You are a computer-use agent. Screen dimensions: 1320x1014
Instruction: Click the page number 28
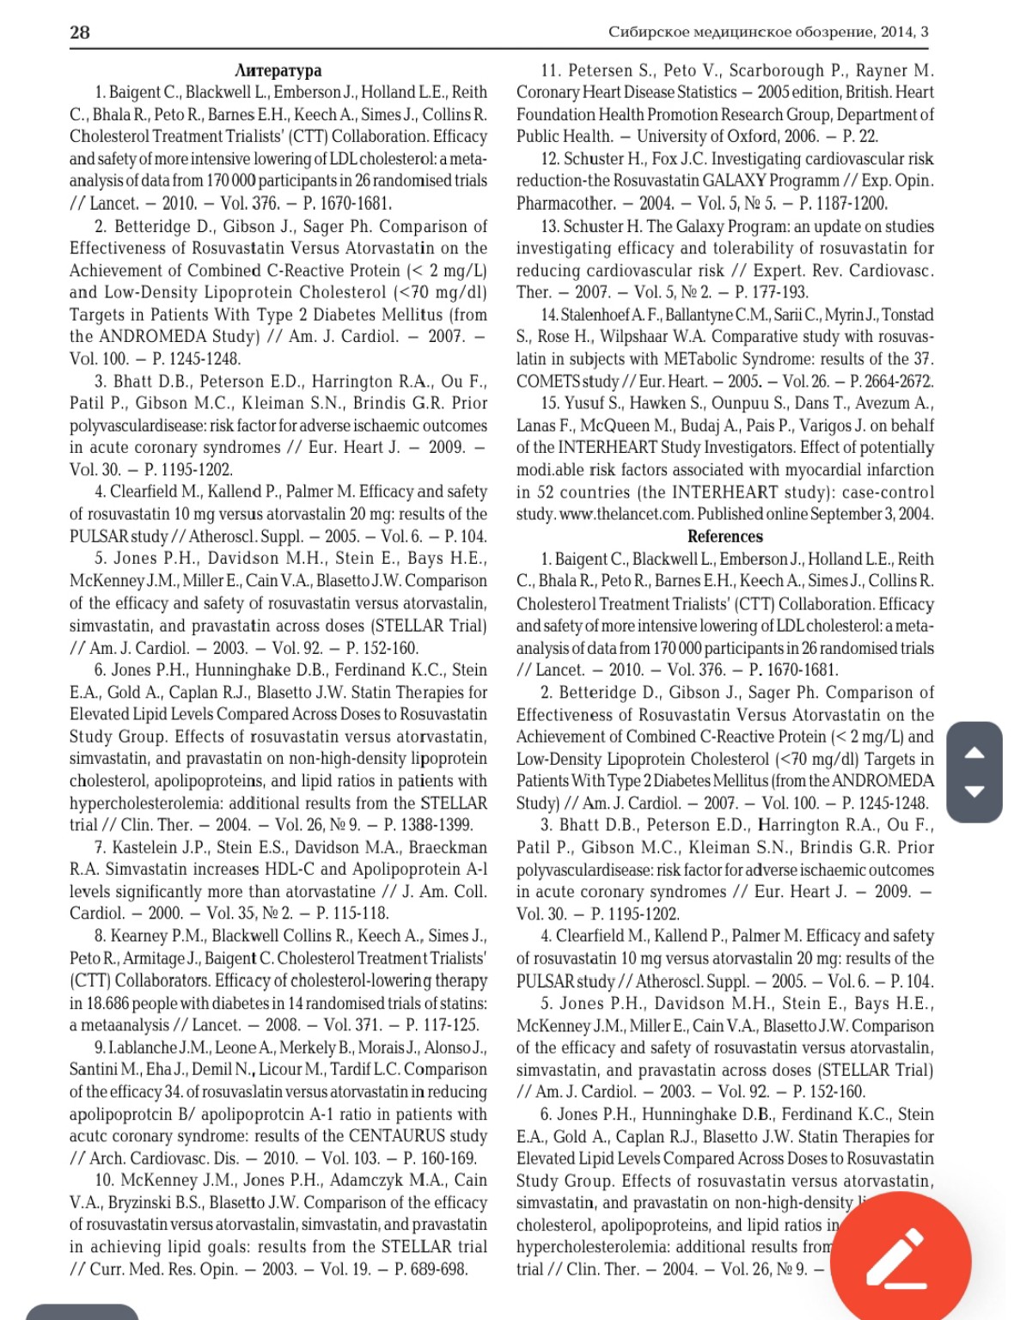pyautogui.click(x=79, y=33)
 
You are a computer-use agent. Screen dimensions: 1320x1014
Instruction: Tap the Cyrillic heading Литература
pyautogui.click(x=278, y=70)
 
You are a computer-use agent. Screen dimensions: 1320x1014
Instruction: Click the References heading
pyautogui.click(x=724, y=536)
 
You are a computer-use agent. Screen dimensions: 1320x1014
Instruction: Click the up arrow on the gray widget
pyautogui.click(x=974, y=754)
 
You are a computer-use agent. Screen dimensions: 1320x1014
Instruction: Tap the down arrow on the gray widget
pyautogui.click(x=974, y=791)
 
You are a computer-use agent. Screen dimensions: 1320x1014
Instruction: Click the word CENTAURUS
pyautogui.click(x=398, y=1136)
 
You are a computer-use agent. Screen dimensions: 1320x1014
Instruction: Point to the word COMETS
pyautogui.click(x=547, y=382)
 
